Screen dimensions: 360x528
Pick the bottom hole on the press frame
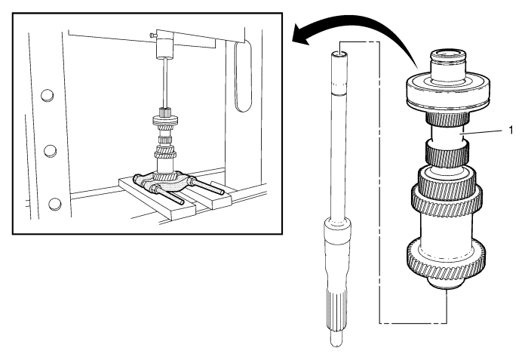(x=54, y=203)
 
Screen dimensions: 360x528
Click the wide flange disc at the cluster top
(x=450, y=86)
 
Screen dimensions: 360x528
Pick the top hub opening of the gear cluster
(x=451, y=54)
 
